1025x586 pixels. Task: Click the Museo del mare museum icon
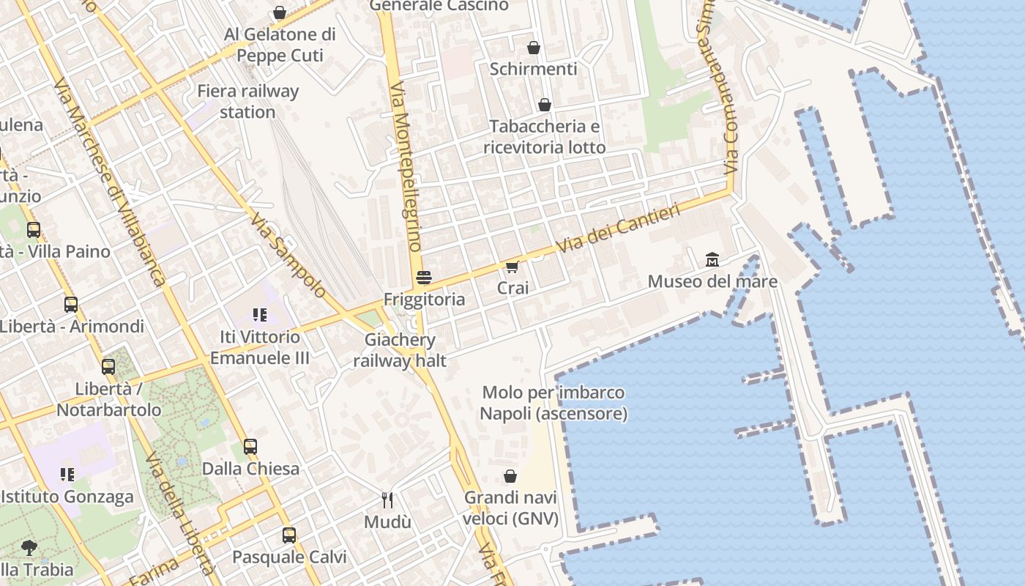[x=712, y=259]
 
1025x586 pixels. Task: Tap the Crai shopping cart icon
[x=512, y=267]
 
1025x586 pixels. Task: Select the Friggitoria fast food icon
[x=424, y=278]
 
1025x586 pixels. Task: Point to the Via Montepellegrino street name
[x=407, y=176]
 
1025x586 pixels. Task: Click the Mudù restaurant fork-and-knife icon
[x=387, y=500]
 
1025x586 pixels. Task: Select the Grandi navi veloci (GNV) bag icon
[x=510, y=476]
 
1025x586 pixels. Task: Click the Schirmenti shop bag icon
[x=534, y=48]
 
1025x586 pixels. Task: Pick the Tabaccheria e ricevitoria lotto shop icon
[x=544, y=105]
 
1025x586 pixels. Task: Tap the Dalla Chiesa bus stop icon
[x=250, y=447]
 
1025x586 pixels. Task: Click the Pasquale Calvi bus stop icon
[x=289, y=535]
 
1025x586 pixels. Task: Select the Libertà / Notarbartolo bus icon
[x=108, y=367]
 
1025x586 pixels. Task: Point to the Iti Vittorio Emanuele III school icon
[x=259, y=315]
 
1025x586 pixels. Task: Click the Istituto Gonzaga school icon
[x=67, y=475]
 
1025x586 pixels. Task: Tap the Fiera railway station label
[x=248, y=101]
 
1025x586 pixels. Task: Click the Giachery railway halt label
[x=400, y=350]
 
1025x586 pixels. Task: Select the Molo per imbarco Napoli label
[x=553, y=403]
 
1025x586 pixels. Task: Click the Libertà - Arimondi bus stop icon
[x=71, y=304]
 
